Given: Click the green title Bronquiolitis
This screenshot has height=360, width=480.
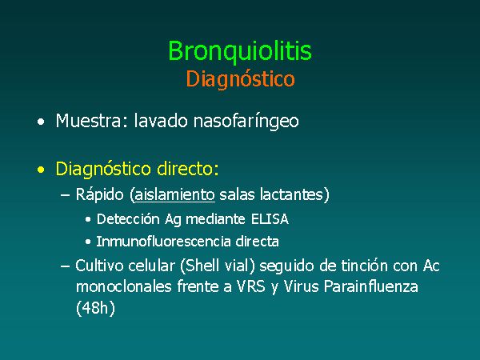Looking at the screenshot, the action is pyautogui.click(x=240, y=51).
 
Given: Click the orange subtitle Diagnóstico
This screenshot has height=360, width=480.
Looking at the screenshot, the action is pyautogui.click(x=240, y=79).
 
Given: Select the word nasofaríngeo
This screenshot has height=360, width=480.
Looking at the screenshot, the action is pyautogui.click(x=246, y=122).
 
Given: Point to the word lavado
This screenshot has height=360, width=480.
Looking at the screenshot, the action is pyautogui.click(x=161, y=120).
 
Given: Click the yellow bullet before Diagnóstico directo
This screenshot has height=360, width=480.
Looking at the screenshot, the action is pyautogui.click(x=41, y=170).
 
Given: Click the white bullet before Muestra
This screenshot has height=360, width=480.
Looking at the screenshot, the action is pyautogui.click(x=41, y=122).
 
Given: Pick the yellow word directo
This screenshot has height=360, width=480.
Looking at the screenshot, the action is pyautogui.click(x=188, y=168).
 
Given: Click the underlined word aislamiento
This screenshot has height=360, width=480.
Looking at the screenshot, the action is pyautogui.click(x=174, y=194).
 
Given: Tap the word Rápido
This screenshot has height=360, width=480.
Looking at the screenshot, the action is pyautogui.click(x=99, y=195).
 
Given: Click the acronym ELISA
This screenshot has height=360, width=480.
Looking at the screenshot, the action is pyautogui.click(x=270, y=219).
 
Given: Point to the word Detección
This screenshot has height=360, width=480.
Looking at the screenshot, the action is pyautogui.click(x=128, y=219).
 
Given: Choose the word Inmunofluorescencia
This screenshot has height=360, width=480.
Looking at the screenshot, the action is pyautogui.click(x=163, y=242).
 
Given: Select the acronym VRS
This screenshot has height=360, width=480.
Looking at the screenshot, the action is pyautogui.click(x=251, y=287).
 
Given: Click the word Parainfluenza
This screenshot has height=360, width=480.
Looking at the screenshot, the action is pyautogui.click(x=370, y=287).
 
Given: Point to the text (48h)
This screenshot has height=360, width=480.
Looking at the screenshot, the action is pyautogui.click(x=95, y=308).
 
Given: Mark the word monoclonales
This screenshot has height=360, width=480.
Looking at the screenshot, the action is pyautogui.click(x=124, y=287).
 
